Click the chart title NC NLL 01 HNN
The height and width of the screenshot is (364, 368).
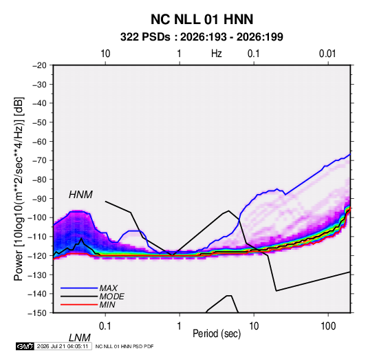point(202,19)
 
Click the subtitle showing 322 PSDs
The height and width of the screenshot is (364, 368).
point(202,37)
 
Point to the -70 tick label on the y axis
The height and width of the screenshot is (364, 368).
point(40,160)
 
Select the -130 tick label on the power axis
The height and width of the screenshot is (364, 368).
point(38,275)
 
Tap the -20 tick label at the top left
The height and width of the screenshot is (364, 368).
point(40,65)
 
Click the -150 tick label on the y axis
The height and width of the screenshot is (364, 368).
point(38,313)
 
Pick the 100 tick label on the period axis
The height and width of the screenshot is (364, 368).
point(328,326)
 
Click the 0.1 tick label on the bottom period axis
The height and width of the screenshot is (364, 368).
point(105,326)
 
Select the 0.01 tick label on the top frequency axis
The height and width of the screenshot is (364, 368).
point(327,54)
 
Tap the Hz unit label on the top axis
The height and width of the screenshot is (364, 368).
point(217,54)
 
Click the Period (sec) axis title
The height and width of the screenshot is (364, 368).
point(217,334)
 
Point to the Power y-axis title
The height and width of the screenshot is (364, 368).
point(19,189)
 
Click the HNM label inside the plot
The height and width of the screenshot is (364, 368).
point(80,195)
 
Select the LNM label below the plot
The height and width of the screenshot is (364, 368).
point(79,338)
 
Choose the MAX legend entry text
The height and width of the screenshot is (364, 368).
point(109,288)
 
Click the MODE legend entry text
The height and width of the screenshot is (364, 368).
point(111,297)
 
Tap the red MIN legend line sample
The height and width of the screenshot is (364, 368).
point(79,305)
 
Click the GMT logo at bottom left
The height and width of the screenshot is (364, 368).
point(25,346)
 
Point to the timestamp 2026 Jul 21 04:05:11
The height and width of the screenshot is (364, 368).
point(63,346)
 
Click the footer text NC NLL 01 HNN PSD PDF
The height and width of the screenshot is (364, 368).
point(125,346)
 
